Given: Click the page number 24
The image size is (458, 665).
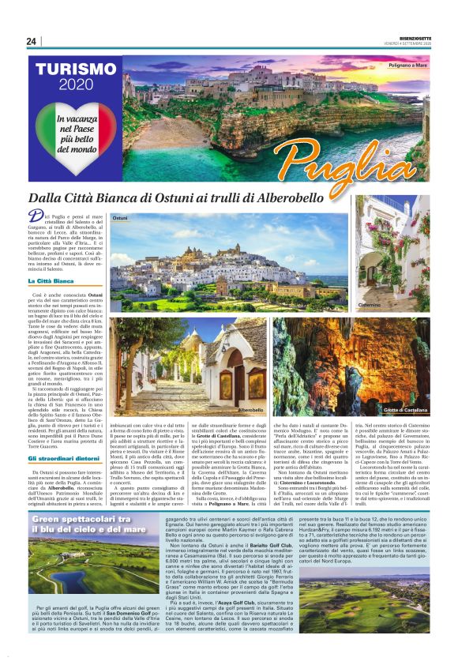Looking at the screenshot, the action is tap(31, 41).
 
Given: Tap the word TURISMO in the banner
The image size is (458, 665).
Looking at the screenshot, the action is tap(76, 69).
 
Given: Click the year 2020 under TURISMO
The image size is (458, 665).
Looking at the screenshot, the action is tap(76, 85).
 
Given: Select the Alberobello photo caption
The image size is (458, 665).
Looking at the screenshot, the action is tap(250, 410).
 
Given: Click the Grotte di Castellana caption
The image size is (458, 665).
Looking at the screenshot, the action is tap(406, 411).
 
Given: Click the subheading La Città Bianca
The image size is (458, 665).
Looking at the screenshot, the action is tap(51, 280).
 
